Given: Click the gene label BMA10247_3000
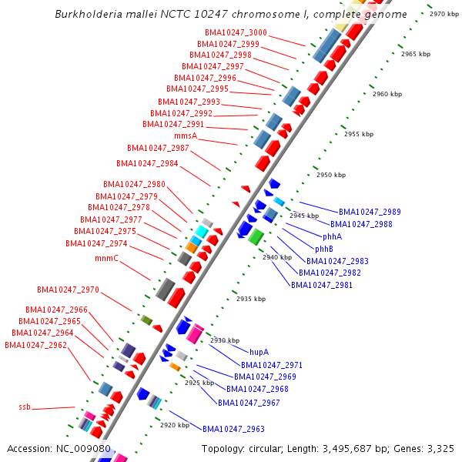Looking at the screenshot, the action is (x=236, y=33).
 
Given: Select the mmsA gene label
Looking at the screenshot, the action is (x=186, y=136).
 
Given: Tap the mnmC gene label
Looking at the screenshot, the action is (x=107, y=258).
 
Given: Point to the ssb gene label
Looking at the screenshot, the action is (x=25, y=407).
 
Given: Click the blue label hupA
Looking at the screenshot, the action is (x=259, y=352).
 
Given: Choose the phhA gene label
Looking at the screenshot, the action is (x=333, y=236).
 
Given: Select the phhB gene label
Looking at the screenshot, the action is (x=324, y=249).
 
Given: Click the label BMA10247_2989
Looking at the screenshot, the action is (x=370, y=212).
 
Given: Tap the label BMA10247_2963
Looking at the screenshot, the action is (x=233, y=429).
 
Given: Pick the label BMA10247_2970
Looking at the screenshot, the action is (x=68, y=290).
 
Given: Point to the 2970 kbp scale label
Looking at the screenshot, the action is (x=444, y=14).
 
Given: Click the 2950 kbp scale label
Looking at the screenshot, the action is (x=331, y=175).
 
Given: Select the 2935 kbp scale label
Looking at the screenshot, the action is (x=250, y=299).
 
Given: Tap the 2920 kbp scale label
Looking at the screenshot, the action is (x=174, y=424).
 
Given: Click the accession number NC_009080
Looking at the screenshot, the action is (x=83, y=448).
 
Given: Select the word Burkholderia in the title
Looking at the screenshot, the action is (x=87, y=15).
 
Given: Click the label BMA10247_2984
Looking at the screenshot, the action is (x=147, y=163).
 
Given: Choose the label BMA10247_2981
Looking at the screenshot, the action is (x=322, y=285).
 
